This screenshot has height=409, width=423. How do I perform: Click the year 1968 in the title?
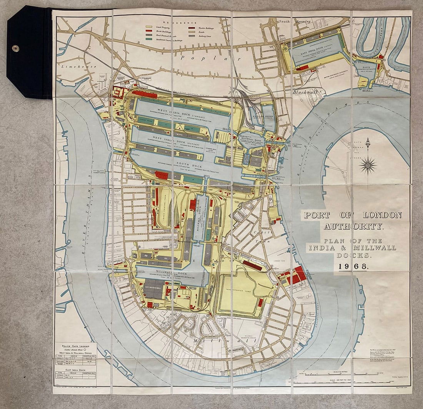click(x=353, y=266)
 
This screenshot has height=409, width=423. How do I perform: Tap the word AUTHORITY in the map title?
click(x=353, y=226)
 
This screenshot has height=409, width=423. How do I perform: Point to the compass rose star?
click(x=368, y=166)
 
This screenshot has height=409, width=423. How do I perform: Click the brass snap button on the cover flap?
click(x=15, y=48)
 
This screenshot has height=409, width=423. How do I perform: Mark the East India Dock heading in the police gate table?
click(x=75, y=369)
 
